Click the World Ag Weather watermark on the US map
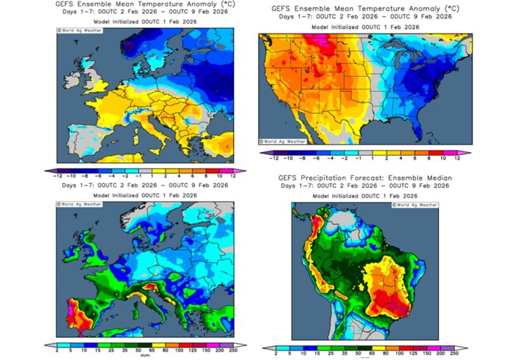[283, 141]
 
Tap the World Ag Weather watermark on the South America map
[415, 205]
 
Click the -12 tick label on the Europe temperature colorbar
[56, 176]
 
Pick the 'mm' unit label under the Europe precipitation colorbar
[145, 355]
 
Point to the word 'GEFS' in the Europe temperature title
[68, 6]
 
